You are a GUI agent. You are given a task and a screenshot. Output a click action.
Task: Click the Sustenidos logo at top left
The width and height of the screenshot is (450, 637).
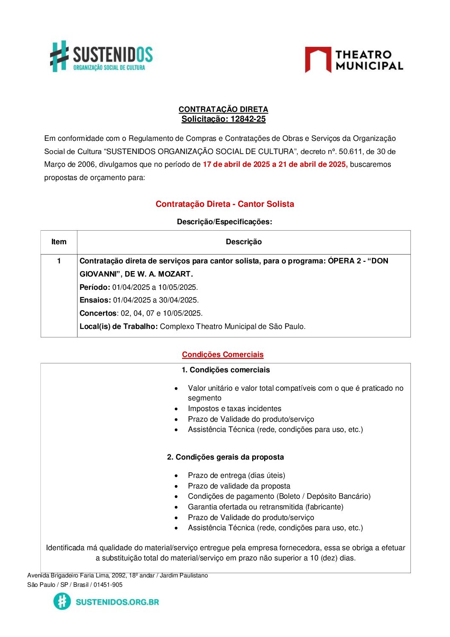[101, 56]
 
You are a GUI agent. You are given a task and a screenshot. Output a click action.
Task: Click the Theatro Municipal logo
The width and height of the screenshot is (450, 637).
[354, 60]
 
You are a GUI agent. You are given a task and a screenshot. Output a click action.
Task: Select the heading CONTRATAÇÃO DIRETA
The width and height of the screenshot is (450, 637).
[223, 109]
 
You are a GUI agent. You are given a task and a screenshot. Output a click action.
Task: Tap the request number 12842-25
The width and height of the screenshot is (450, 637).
[248, 119]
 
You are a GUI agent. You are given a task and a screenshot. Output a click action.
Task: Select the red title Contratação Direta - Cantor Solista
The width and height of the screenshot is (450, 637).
[225, 204]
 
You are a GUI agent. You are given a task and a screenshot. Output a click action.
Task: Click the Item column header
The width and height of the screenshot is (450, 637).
[59, 242]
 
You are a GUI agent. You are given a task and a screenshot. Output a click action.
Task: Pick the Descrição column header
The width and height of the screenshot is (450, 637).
[244, 242]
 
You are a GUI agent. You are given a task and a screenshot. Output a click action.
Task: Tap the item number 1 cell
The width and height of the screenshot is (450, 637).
[59, 261]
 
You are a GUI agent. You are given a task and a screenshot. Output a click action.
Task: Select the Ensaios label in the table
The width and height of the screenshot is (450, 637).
[95, 300]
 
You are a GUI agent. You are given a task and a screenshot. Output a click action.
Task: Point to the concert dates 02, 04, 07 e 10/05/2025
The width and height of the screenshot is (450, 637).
[162, 313]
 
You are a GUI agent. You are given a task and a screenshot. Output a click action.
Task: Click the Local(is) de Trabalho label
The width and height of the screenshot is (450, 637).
[119, 326]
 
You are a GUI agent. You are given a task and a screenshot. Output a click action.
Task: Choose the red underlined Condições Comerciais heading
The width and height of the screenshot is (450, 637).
[222, 354]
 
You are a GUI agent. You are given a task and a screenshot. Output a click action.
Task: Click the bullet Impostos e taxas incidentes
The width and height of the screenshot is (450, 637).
[234, 408]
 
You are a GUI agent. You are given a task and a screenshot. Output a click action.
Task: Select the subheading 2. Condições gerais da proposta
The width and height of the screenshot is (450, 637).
[225, 457]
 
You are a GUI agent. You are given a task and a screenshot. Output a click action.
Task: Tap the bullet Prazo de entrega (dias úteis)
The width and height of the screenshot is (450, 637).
[236, 475]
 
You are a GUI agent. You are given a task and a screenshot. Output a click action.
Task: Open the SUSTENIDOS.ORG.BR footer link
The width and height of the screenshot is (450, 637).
[117, 602]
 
